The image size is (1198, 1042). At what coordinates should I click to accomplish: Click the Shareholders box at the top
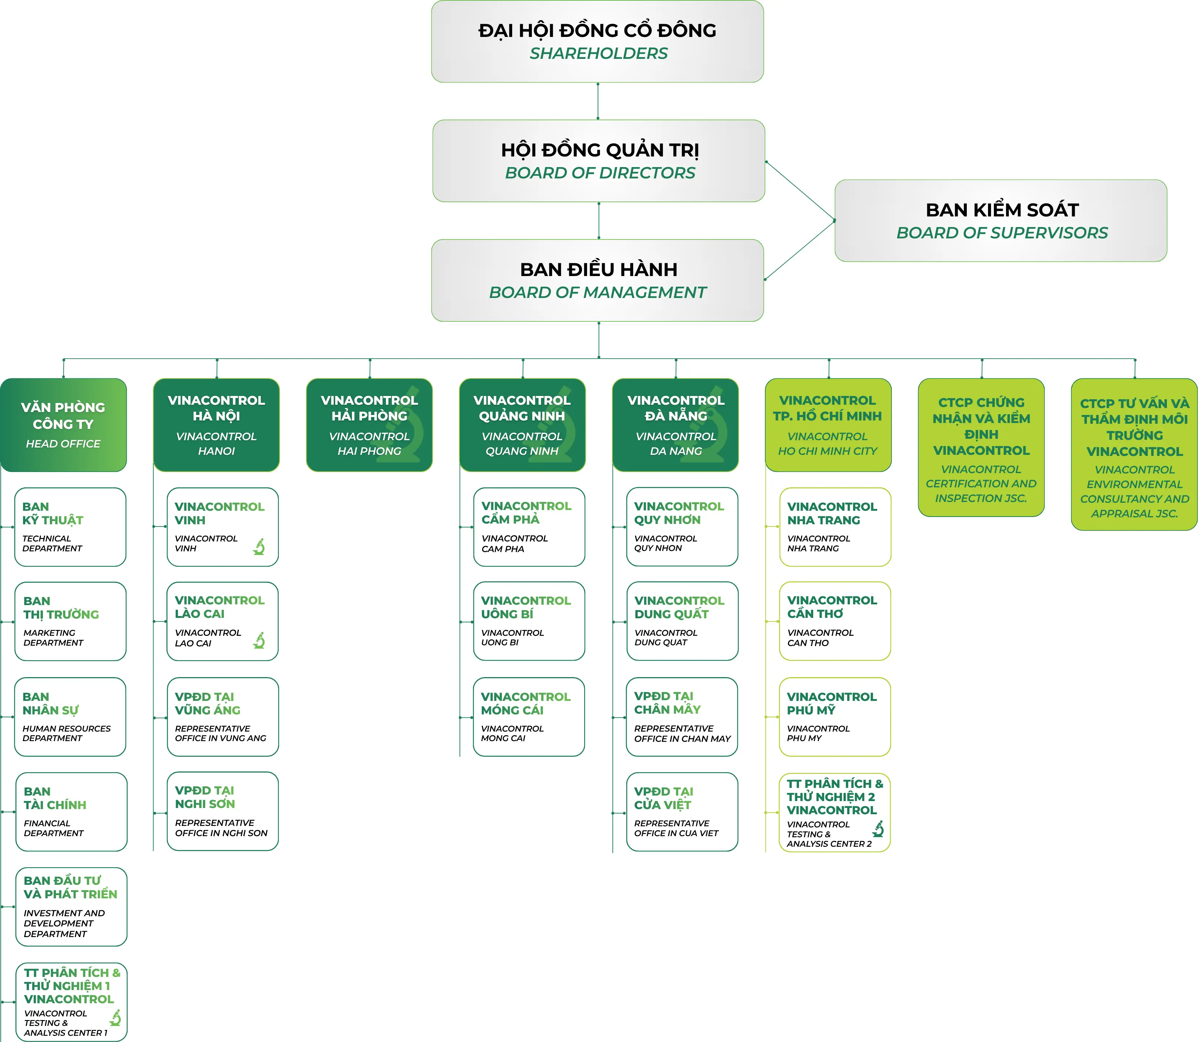point(598,41)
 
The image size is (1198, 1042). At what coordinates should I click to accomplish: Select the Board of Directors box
point(599,161)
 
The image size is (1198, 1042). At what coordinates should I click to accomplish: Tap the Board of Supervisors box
point(1001,220)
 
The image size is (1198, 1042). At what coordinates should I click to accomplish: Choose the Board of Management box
point(598,280)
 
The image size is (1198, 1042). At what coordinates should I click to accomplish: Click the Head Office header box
point(63,425)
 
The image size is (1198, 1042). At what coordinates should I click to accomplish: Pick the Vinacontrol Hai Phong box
point(369,425)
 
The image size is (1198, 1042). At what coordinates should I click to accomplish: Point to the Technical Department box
point(70,527)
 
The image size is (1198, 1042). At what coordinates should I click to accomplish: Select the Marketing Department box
point(70,621)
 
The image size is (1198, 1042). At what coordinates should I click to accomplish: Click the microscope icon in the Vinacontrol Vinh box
point(259,547)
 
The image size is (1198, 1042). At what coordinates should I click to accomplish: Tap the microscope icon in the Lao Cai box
point(259,640)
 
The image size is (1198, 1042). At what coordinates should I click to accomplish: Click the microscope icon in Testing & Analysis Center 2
point(878,828)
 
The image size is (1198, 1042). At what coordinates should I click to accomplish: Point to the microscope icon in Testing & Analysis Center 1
point(115,1018)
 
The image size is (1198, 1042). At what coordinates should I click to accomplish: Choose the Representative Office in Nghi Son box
point(223,811)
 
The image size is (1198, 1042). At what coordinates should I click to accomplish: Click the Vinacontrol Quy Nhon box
point(682,527)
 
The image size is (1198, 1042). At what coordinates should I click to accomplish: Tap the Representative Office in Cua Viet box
point(682,812)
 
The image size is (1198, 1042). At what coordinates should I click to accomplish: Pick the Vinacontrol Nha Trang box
point(835,527)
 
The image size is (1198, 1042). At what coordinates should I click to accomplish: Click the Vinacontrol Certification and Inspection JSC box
point(981,447)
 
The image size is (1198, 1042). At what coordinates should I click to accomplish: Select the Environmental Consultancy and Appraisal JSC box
point(1134,454)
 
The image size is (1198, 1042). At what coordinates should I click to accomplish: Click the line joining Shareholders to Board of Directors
point(598,101)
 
